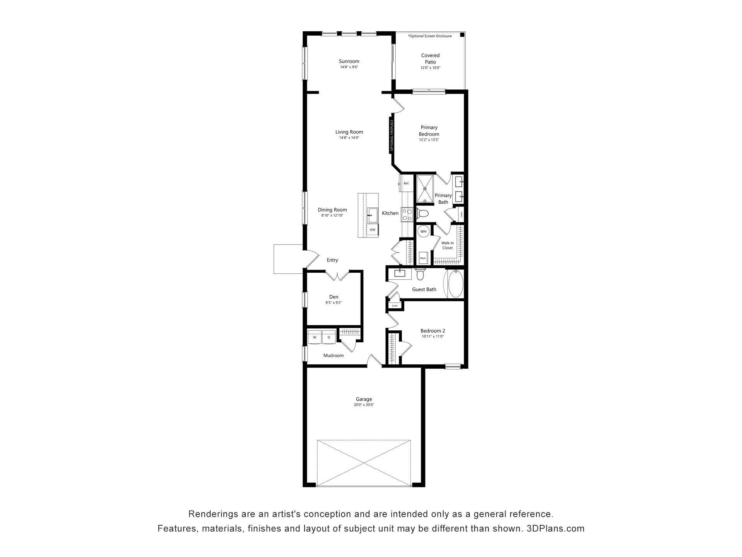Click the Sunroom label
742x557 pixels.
tap(349, 61)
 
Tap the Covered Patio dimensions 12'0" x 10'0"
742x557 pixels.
tap(431, 68)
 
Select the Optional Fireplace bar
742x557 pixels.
tap(391, 135)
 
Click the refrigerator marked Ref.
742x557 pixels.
tap(406, 183)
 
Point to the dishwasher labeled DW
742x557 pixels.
tap(373, 230)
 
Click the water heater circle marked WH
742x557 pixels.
tap(424, 232)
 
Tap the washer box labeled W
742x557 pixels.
tap(315, 337)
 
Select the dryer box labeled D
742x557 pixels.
tap(329, 337)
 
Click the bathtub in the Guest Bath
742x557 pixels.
tap(455, 284)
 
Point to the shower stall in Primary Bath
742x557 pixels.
tap(425, 189)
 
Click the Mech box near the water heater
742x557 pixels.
tap(423, 258)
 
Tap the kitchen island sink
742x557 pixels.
tap(373, 215)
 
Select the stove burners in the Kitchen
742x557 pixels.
tap(407, 214)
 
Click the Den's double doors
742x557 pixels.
tap(338, 276)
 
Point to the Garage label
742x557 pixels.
tap(364, 399)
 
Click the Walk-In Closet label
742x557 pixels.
tap(448, 245)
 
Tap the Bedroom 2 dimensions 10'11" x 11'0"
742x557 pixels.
tap(433, 337)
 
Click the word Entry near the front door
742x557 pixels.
tap(332, 260)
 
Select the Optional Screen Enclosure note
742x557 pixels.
tap(430, 36)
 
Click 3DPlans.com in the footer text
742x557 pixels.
tap(555, 529)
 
